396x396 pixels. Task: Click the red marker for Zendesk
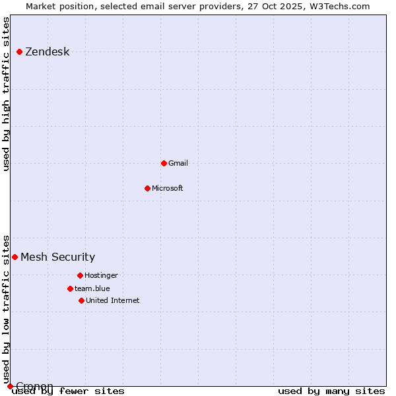[x=19, y=51]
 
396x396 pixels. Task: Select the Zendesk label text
[x=47, y=52]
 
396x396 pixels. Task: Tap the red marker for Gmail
[x=164, y=163]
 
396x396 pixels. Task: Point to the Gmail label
[x=178, y=163]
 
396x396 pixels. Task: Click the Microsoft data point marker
[x=147, y=188]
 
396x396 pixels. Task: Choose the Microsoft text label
[x=167, y=188]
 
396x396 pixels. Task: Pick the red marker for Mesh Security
[x=15, y=257]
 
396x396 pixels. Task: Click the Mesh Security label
[x=57, y=257]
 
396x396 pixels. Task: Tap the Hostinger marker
[x=80, y=275]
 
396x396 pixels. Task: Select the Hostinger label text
[x=101, y=275]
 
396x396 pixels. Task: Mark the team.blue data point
[x=70, y=288]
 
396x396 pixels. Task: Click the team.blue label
[x=92, y=288]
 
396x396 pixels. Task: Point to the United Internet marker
[x=81, y=300]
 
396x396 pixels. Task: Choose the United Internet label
[x=112, y=300]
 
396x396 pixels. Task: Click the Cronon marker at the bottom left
[x=10, y=386]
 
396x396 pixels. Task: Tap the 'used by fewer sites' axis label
[x=68, y=391]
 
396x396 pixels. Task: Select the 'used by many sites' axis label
[x=331, y=391]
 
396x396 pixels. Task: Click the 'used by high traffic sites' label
[x=7, y=94]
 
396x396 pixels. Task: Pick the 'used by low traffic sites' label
[x=7, y=309]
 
